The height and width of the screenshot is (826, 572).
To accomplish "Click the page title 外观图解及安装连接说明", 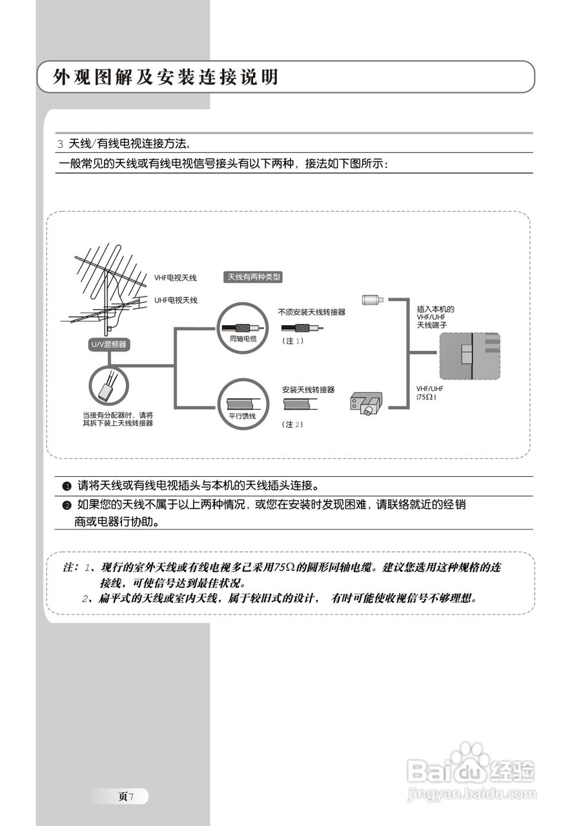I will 167,77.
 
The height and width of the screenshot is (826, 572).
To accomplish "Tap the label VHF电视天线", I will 175,278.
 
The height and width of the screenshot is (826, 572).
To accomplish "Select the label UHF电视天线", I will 176,300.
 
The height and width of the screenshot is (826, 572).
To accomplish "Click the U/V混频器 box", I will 108,345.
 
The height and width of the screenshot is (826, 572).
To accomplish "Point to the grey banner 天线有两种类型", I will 253,277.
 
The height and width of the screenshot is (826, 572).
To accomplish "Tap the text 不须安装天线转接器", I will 312,312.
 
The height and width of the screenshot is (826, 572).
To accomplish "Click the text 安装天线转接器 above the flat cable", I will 308,390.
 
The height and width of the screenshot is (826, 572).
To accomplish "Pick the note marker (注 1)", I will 292,341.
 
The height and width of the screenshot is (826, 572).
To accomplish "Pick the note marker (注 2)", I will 292,425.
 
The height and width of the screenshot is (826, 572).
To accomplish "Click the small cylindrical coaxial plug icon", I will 372,300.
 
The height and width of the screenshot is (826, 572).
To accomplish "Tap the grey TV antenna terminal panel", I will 469,356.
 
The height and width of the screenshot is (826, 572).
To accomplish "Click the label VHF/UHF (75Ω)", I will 430,393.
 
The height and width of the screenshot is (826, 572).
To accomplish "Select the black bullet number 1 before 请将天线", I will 66,485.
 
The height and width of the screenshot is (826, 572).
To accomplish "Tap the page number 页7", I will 125,796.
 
